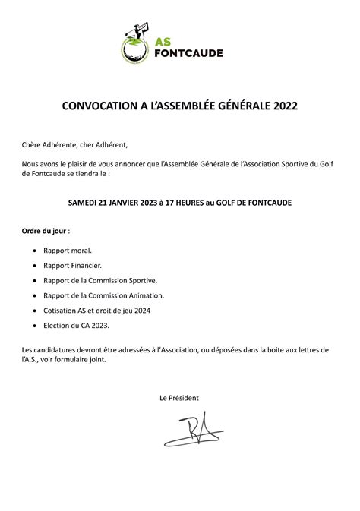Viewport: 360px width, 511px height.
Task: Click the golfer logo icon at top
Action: pyautogui.click(x=135, y=43)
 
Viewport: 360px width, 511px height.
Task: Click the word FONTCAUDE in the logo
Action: pyautogui.click(x=188, y=53)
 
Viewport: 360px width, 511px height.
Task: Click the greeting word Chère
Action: pyautogui.click(x=34, y=145)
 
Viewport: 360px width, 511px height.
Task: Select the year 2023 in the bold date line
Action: pyautogui.click(x=157, y=203)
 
